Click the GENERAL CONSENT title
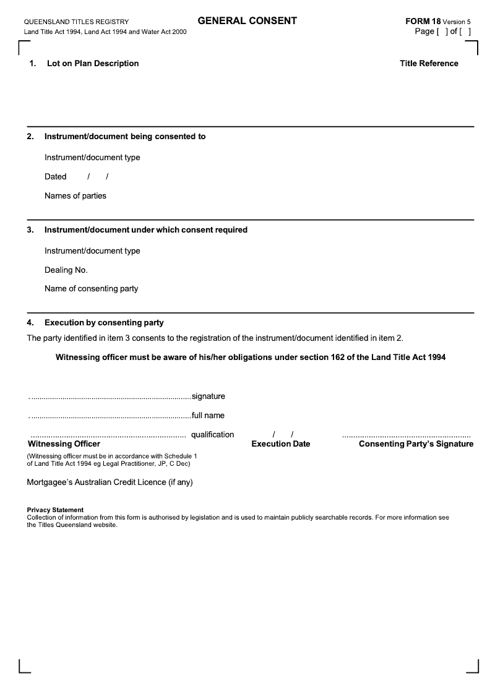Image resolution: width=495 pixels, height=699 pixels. (247, 21)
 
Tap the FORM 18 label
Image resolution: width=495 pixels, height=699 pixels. (423, 21)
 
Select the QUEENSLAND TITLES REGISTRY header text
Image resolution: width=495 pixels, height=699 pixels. (76, 22)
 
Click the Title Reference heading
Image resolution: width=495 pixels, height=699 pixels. (429, 63)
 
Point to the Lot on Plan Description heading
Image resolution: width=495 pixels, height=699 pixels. (93, 63)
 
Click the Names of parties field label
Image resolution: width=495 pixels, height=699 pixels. (75, 196)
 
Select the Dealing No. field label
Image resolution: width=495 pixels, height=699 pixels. (66, 270)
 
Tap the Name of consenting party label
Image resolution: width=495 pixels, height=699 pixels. (92, 289)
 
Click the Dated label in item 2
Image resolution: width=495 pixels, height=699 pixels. (56, 177)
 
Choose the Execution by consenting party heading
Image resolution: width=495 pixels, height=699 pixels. (104, 322)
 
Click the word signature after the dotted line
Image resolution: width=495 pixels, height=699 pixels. (209, 396)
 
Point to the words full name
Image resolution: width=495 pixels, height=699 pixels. (209, 415)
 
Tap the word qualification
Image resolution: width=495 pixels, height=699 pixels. (213, 434)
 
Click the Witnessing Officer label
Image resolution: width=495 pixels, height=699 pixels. (64, 444)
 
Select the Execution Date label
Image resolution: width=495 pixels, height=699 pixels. (281, 444)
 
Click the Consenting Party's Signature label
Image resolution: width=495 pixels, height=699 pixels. (416, 444)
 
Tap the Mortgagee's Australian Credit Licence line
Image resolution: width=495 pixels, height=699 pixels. (110, 482)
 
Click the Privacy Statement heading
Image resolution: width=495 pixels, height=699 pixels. (55, 510)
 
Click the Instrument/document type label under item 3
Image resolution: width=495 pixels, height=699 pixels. (92, 251)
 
